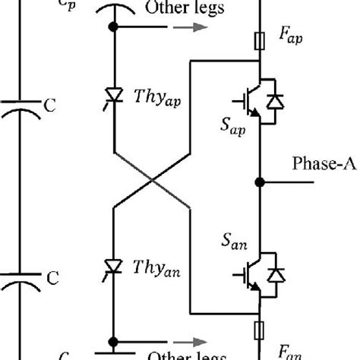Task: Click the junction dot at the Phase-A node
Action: [x=260, y=182]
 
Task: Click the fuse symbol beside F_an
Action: [x=260, y=329]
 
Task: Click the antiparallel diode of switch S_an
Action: [x=276, y=271]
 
